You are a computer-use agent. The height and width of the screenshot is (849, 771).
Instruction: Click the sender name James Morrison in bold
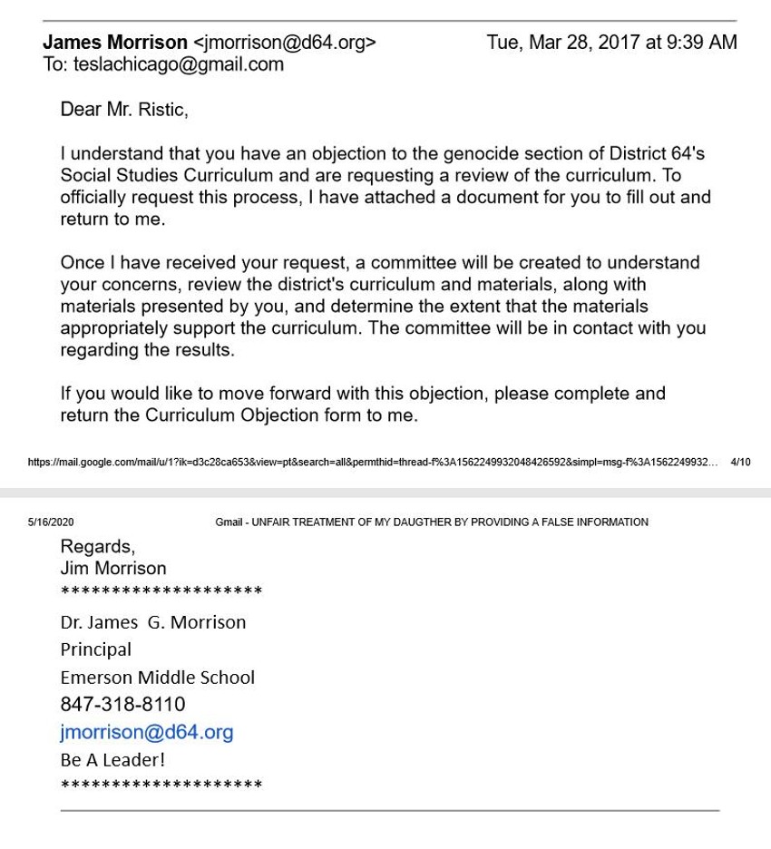click(115, 43)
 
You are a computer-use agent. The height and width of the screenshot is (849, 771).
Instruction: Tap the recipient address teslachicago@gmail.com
click(178, 64)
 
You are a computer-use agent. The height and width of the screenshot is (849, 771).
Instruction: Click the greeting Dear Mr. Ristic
click(123, 110)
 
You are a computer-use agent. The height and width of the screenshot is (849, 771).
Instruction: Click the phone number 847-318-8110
click(122, 704)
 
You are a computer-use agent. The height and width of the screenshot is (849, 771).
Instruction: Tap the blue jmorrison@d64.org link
click(147, 732)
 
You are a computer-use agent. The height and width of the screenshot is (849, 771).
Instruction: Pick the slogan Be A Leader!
click(112, 759)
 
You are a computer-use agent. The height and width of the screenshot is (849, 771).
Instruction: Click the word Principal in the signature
click(95, 649)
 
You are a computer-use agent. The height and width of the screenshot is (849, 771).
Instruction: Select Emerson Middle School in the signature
click(157, 677)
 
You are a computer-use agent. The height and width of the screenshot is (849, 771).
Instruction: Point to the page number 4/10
click(740, 463)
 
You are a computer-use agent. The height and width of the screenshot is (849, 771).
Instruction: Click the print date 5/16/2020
click(51, 522)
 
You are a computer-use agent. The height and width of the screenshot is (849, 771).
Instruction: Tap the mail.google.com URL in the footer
click(372, 463)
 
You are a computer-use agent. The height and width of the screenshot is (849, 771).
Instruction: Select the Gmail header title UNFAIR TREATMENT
click(432, 522)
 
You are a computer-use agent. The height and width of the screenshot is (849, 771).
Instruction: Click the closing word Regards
click(97, 546)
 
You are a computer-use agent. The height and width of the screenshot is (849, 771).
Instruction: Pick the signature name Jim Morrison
click(113, 568)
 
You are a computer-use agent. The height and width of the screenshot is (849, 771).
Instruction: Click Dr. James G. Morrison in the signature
click(152, 622)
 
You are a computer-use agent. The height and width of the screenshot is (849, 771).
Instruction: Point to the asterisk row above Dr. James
click(161, 592)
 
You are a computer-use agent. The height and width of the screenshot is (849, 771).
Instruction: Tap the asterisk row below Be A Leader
click(161, 785)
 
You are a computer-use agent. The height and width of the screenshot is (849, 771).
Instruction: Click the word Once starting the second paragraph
click(82, 263)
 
